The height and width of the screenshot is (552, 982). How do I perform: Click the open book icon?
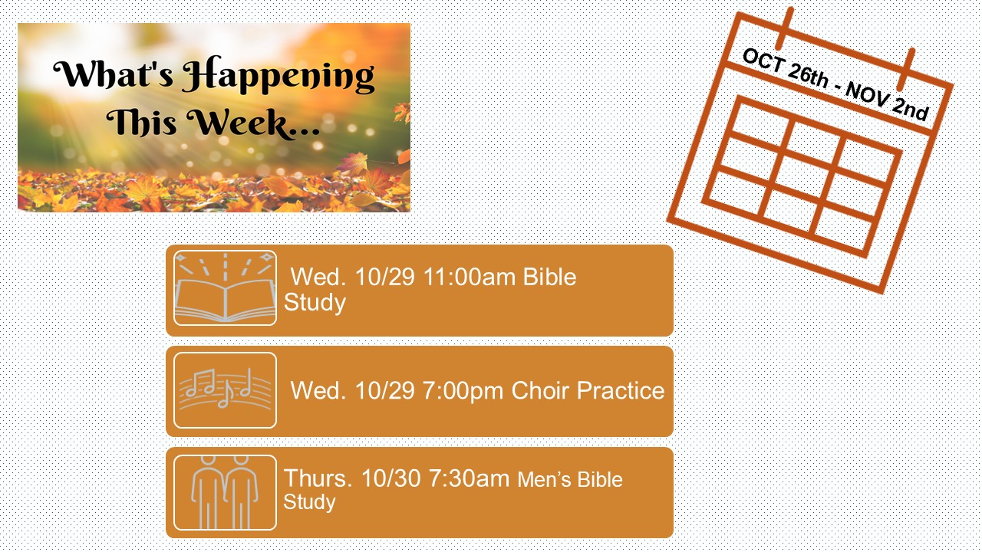[226, 287]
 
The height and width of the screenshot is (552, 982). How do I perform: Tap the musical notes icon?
[226, 390]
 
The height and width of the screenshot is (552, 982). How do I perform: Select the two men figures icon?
[226, 492]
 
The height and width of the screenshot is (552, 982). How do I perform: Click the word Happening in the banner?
[278, 77]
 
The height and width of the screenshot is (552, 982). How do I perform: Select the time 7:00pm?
[463, 390]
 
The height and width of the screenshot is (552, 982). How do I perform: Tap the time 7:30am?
[469, 478]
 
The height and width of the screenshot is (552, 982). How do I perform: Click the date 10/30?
[391, 478]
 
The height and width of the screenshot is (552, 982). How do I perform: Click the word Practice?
[621, 390]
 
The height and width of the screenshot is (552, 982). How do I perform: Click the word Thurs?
[318, 478]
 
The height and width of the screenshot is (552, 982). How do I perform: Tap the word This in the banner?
[142, 122]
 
